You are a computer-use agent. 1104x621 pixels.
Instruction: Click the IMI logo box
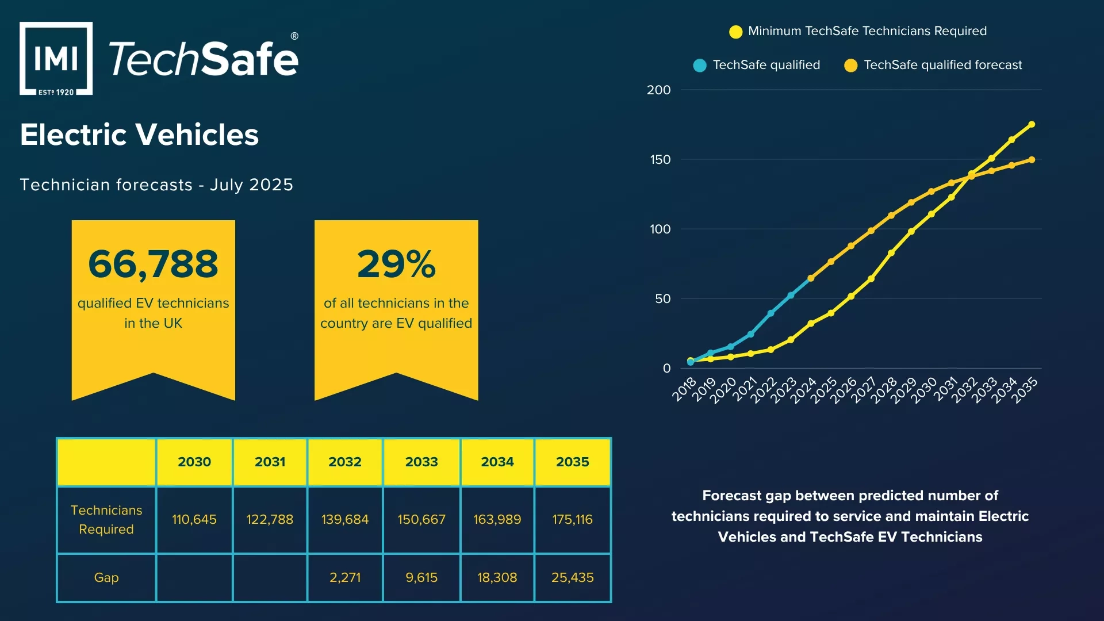click(x=56, y=59)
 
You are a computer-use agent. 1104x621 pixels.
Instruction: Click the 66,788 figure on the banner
click(x=153, y=264)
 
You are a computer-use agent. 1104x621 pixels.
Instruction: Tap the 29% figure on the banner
click(x=396, y=264)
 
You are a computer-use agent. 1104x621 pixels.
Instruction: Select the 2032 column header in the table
click(x=345, y=462)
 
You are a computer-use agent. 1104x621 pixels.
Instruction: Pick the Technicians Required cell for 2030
click(x=194, y=519)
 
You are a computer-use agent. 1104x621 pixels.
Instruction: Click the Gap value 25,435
click(x=572, y=577)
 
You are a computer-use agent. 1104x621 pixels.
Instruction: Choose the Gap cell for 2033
click(x=421, y=577)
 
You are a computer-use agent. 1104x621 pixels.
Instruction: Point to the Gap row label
click(x=106, y=577)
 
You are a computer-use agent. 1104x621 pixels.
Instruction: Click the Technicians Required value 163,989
click(x=497, y=519)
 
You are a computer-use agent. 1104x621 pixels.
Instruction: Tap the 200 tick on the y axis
click(x=658, y=90)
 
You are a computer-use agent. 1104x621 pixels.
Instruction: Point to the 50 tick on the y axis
click(x=662, y=299)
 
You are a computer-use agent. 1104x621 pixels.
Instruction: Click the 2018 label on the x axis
click(x=684, y=389)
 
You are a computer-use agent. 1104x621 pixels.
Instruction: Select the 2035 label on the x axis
click(x=1025, y=390)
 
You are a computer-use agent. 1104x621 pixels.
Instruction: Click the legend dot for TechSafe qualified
click(x=700, y=66)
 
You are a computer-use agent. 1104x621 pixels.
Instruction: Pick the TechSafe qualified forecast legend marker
click(x=850, y=66)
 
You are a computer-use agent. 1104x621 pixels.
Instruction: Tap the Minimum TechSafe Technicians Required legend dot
click(x=735, y=32)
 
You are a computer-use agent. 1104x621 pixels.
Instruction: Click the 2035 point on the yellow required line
click(x=1032, y=124)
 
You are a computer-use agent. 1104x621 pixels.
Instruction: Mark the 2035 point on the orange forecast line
click(x=1032, y=160)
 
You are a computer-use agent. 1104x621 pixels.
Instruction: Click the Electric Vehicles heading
click(x=139, y=135)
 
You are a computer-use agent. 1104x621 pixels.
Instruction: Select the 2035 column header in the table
click(x=572, y=462)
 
